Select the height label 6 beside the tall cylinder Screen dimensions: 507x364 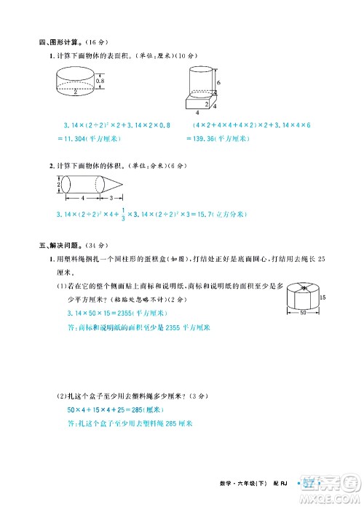[218, 83]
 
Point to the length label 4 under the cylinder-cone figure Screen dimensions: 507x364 [82, 198]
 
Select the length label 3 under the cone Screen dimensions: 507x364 [110, 198]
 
